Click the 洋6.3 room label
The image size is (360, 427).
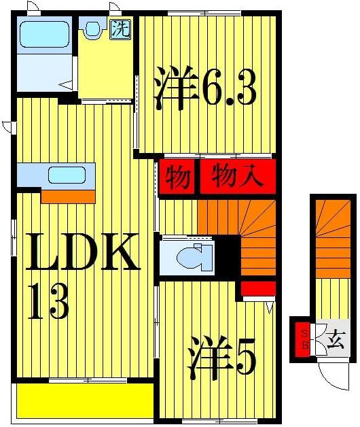point(204,88)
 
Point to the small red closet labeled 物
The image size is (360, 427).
point(177,178)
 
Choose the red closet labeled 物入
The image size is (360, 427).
point(237,178)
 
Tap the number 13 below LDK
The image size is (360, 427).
point(48,301)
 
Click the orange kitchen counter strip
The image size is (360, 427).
point(68,197)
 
